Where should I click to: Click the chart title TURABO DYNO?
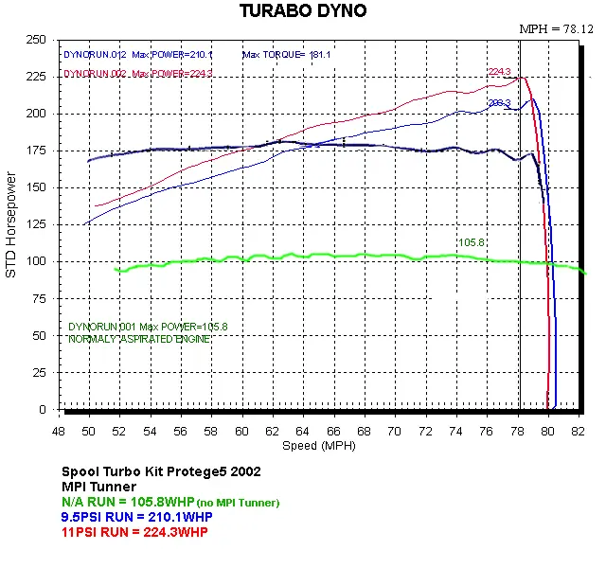301,10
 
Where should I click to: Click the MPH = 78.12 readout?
555,29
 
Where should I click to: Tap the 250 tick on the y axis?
38,40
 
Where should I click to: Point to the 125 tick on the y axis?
38,224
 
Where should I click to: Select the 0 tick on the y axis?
44,409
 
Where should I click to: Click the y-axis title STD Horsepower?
12,224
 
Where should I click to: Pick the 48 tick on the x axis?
59,429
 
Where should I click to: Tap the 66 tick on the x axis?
334,429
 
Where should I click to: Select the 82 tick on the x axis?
579,429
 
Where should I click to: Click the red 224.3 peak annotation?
500,71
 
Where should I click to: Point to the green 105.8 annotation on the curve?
472,242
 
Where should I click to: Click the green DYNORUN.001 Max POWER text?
148,327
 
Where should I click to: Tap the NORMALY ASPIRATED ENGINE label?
134,339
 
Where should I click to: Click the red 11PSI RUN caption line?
134,532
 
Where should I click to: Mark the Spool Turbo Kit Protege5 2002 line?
161,471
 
